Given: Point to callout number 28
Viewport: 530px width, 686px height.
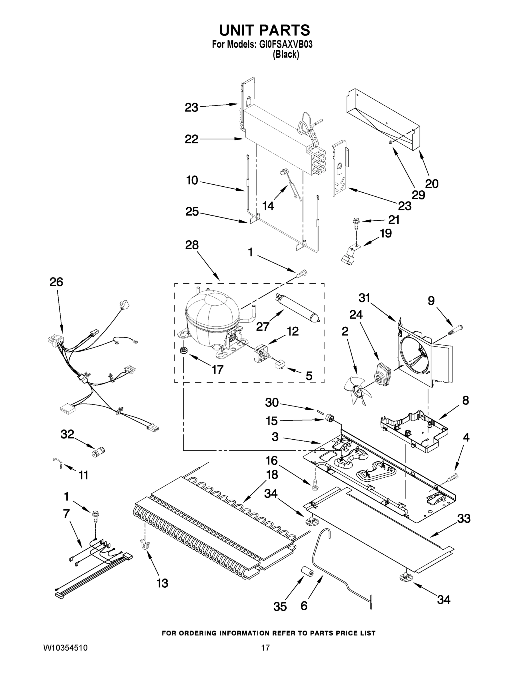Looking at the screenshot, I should tap(192, 245).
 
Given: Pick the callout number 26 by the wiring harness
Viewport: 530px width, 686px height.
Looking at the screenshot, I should tap(56, 282).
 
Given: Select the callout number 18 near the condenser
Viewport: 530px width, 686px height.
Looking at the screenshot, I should tap(272, 474).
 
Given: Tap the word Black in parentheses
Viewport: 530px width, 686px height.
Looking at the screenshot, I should tap(286, 55).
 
